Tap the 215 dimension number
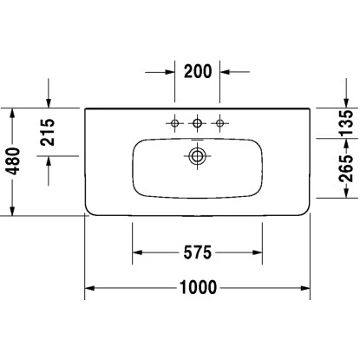tap(49, 132)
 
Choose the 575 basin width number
tap(197, 252)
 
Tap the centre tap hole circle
tap(197, 123)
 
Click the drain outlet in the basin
tap(197, 157)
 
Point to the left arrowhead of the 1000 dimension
tap(89, 288)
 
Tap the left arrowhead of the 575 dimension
tap(137, 252)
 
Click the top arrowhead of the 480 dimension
tap(14, 113)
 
